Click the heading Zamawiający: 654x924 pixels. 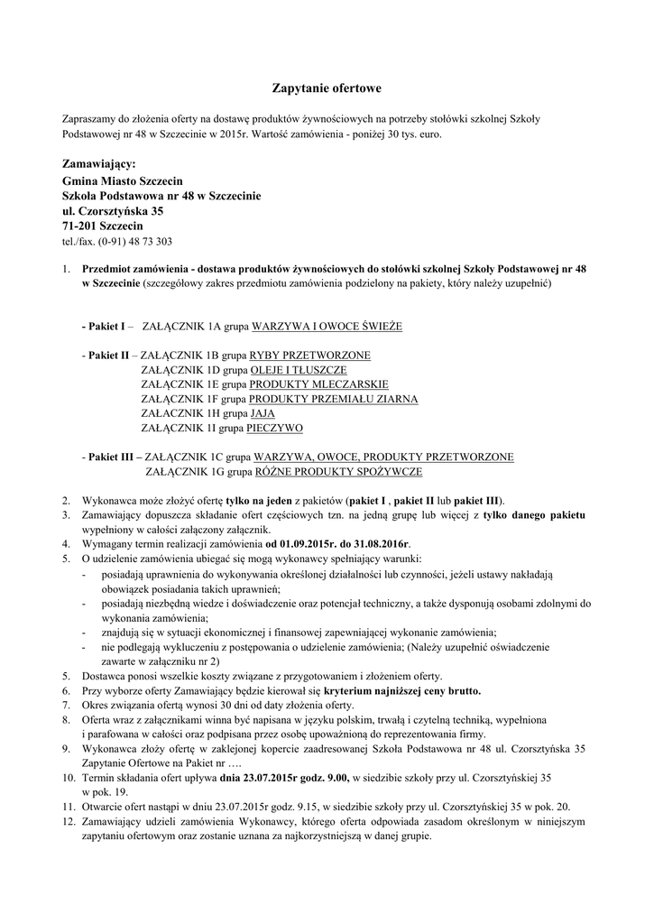point(99,164)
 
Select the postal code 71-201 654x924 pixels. point(78,226)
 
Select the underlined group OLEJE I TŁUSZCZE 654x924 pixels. point(298,370)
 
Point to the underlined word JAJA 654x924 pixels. point(263,413)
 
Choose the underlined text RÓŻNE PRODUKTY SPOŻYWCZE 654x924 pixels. point(337,471)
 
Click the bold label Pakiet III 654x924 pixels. point(112,457)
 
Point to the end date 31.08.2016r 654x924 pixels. point(378,544)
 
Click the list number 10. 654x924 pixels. point(68,776)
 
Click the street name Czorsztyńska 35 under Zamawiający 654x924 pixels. point(118,210)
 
